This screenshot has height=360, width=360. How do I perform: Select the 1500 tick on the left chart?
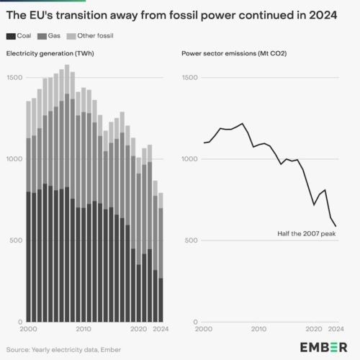pyautogui.click(x=14, y=77)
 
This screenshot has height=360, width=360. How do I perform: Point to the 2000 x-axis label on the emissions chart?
pyautogui.click(x=204, y=329)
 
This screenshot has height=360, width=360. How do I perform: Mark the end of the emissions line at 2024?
pyautogui.click(x=336, y=226)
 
